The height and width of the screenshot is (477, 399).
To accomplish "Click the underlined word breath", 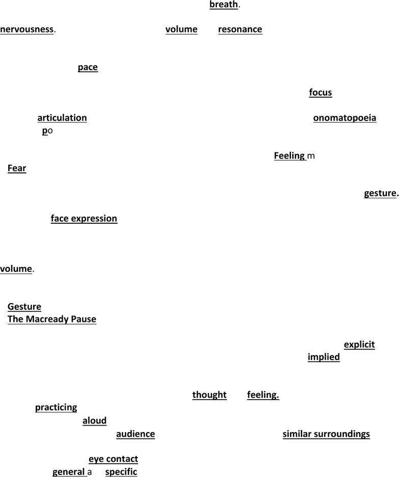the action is click(224, 4).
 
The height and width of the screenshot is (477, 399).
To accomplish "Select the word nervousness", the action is click(27, 29).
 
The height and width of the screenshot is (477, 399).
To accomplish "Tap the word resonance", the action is click(240, 29).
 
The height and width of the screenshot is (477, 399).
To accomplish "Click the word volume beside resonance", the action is click(181, 29).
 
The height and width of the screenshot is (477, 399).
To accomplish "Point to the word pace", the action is click(88, 67).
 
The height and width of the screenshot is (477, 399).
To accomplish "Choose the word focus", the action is click(321, 92).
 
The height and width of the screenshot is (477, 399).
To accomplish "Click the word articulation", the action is click(62, 118).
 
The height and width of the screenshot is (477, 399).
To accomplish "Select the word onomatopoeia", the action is click(345, 118).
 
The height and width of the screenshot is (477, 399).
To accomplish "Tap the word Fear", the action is click(17, 168).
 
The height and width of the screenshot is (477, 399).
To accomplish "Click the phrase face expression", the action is click(84, 219).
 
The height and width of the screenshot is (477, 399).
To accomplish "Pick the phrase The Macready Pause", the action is click(52, 319).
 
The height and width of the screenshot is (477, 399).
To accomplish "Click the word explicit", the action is click(359, 344).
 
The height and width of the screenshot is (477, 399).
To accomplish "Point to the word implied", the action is click(324, 357).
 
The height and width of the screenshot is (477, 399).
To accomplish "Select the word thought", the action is click(209, 395).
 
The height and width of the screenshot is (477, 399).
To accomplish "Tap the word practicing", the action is click(56, 407).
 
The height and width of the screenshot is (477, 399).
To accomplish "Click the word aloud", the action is click(95, 421).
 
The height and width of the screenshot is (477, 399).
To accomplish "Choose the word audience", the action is click(135, 434).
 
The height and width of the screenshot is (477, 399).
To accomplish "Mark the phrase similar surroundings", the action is click(326, 434).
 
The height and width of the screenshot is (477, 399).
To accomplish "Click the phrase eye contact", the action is click(113, 459).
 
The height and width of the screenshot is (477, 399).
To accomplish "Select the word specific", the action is click(121, 472).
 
